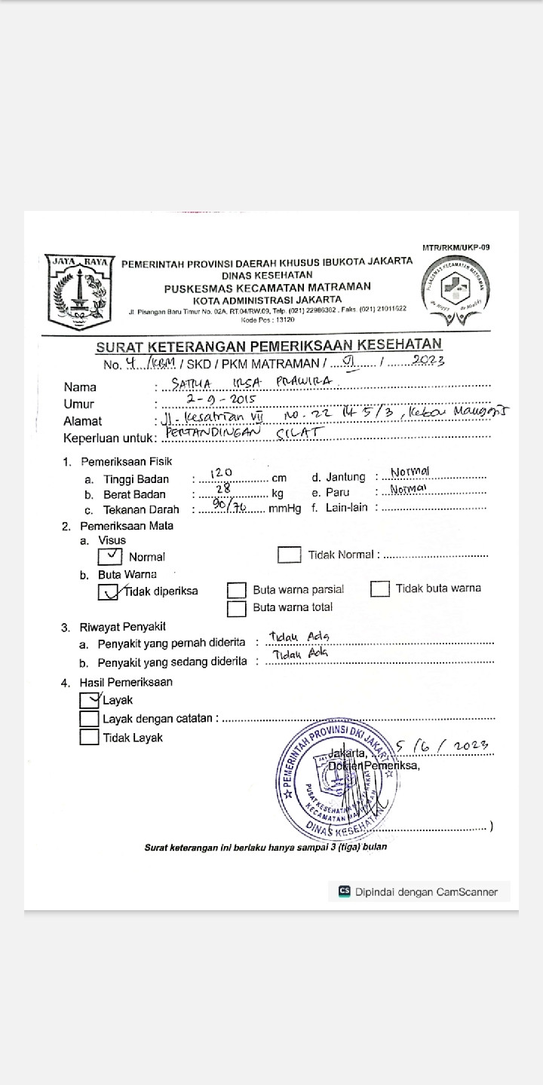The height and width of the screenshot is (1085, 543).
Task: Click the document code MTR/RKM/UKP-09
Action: click(x=456, y=247)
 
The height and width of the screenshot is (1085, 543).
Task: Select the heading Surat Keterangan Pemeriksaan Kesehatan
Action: click(x=268, y=346)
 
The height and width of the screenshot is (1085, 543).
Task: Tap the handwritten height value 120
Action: click(x=221, y=472)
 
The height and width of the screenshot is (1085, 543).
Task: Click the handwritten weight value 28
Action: click(x=223, y=489)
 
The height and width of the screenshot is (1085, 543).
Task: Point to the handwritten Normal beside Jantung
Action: click(x=410, y=472)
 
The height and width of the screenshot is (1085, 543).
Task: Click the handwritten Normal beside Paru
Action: click(x=408, y=489)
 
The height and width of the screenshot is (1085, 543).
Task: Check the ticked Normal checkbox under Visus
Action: click(x=110, y=556)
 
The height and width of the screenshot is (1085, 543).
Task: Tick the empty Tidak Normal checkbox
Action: click(x=290, y=555)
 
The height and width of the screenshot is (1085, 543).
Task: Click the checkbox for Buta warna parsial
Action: click(x=237, y=590)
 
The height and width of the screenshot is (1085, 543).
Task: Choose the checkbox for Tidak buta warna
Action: click(x=380, y=588)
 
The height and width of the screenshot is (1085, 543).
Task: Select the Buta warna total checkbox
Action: click(x=237, y=608)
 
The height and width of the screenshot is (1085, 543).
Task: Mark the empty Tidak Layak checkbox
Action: click(x=89, y=738)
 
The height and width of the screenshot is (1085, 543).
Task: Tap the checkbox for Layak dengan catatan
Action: click(x=89, y=719)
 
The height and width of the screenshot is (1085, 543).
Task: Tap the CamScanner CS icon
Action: click(x=345, y=891)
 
